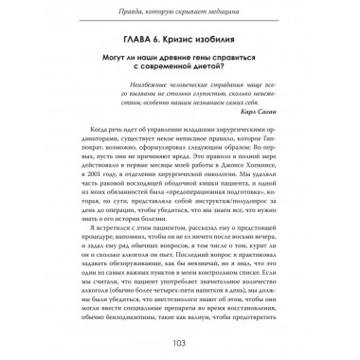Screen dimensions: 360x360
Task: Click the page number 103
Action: (179, 342)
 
